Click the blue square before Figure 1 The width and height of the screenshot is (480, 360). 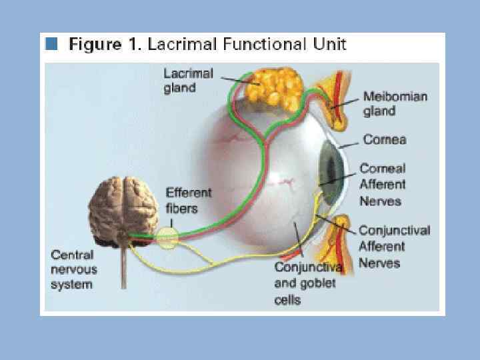coord(51,45)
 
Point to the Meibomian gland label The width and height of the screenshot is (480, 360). coord(395,103)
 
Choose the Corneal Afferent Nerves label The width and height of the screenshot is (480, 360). coord(383,185)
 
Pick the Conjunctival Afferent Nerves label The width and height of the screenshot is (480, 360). coord(394,247)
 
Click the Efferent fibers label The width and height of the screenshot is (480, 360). coord(188,199)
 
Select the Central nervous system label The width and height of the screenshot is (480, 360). coord(74,269)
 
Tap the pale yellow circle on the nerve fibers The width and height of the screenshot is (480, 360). coord(167,237)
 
